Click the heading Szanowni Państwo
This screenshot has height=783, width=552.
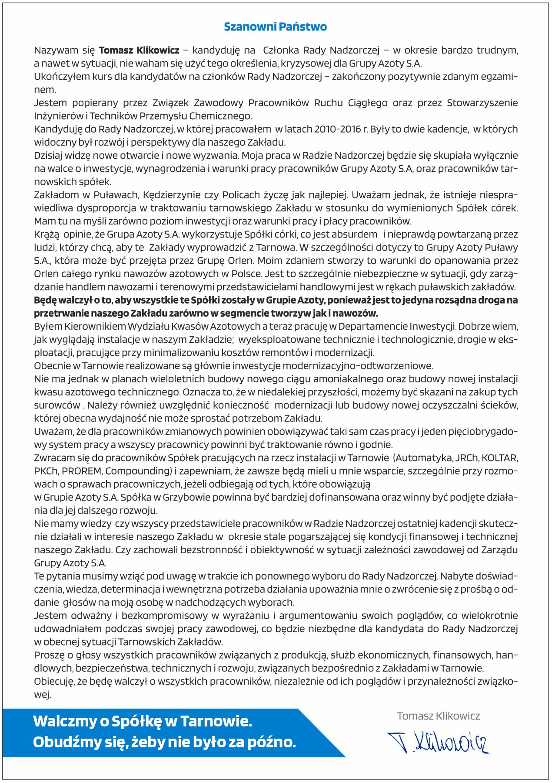(x=275, y=27)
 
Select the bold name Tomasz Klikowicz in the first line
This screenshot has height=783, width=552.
(x=139, y=50)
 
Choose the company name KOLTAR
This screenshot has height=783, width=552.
(x=499, y=458)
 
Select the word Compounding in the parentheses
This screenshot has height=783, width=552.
(x=138, y=471)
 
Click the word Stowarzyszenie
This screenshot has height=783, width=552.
(x=482, y=103)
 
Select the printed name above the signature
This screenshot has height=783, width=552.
(x=438, y=716)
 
